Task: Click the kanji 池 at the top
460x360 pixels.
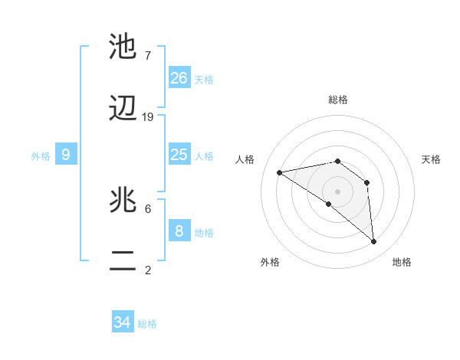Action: click(123, 47)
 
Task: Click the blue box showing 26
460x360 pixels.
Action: click(179, 78)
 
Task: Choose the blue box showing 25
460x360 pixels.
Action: click(179, 155)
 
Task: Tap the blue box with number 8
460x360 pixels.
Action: click(179, 231)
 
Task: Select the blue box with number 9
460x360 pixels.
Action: click(66, 155)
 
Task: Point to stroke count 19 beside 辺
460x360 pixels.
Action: click(148, 117)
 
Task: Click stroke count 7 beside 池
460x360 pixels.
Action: click(148, 56)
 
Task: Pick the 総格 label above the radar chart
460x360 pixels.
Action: click(338, 100)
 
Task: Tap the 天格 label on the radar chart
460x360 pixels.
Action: click(432, 159)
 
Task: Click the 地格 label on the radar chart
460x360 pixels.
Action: click(402, 262)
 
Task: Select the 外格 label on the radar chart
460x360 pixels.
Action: click(270, 262)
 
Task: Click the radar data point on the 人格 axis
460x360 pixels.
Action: click(280, 172)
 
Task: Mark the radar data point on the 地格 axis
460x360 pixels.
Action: click(374, 242)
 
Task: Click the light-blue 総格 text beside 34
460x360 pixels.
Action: click(147, 324)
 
